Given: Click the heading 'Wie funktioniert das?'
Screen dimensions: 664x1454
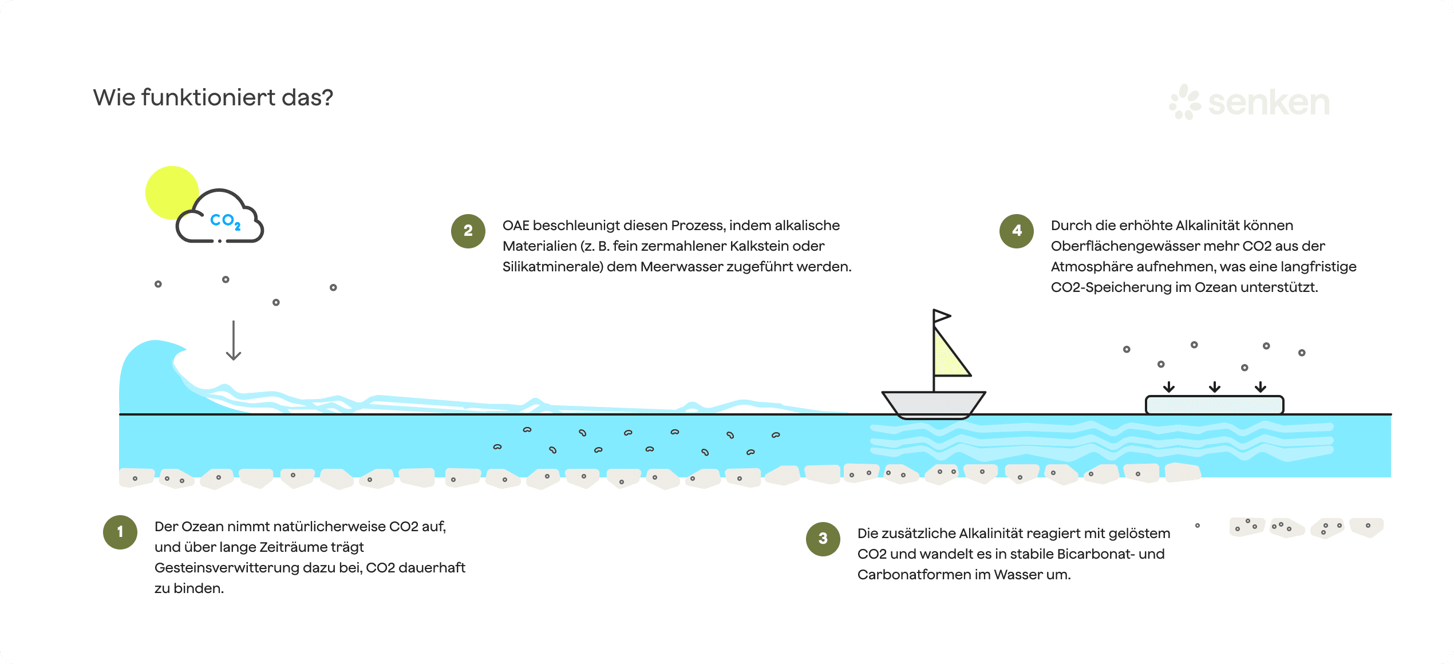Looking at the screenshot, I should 213,98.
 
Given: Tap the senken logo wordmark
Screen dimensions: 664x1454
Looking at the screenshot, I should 1268,103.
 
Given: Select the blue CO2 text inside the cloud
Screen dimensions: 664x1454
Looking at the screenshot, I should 225,220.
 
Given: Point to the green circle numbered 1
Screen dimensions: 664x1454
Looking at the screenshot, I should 120,532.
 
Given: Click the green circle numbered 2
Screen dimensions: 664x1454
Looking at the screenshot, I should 468,231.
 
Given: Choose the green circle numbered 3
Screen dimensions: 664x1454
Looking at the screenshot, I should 823,539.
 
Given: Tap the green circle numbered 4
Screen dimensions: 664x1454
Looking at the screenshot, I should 1017,231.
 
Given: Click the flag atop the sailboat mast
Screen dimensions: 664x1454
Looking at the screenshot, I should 941,316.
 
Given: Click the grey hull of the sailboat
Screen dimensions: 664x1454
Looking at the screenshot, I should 933,404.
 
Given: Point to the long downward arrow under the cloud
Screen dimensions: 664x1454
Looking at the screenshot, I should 234,341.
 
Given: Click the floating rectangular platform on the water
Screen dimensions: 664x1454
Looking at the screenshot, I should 1214,405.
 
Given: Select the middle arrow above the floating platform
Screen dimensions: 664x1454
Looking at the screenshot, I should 1215,387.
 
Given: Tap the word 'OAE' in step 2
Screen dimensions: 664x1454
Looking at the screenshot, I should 516,226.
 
